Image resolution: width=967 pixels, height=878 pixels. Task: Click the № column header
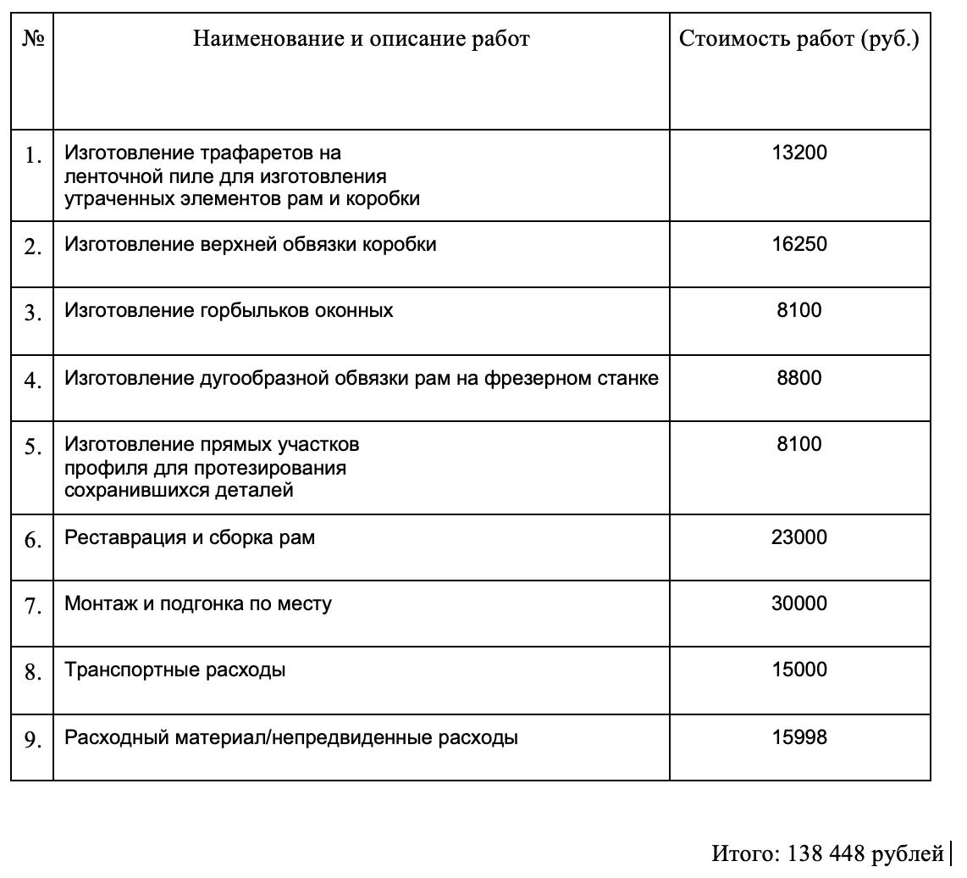pyautogui.click(x=32, y=39)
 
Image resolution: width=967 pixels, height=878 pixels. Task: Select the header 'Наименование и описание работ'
pyautogui.click(x=361, y=39)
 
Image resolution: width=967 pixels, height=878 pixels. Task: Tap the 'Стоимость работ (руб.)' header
pyautogui.click(x=798, y=39)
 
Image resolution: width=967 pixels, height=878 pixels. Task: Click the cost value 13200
pyautogui.click(x=798, y=153)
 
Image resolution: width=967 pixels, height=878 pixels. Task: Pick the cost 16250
pyautogui.click(x=798, y=244)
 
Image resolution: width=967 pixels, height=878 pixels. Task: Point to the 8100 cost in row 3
pyautogui.click(x=798, y=310)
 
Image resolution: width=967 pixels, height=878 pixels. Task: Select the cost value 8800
pyautogui.click(x=798, y=378)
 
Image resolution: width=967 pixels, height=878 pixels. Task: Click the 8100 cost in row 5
pyautogui.click(x=798, y=444)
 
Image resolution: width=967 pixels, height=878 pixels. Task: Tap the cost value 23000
pyautogui.click(x=798, y=537)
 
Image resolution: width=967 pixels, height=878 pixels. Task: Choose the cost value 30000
pyautogui.click(x=798, y=603)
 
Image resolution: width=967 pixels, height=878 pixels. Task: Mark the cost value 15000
pyautogui.click(x=798, y=670)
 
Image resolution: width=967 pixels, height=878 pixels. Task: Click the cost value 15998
pyautogui.click(x=798, y=737)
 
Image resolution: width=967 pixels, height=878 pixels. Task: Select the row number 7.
pyautogui.click(x=32, y=607)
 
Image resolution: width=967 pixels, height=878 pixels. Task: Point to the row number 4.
pyautogui.click(x=32, y=381)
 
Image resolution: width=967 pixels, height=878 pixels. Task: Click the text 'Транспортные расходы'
pyautogui.click(x=174, y=670)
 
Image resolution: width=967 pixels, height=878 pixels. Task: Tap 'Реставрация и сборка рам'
pyautogui.click(x=190, y=537)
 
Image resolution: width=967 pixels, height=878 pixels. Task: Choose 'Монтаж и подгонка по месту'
pyautogui.click(x=198, y=603)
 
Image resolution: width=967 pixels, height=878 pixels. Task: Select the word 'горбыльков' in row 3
pyautogui.click(x=257, y=310)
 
